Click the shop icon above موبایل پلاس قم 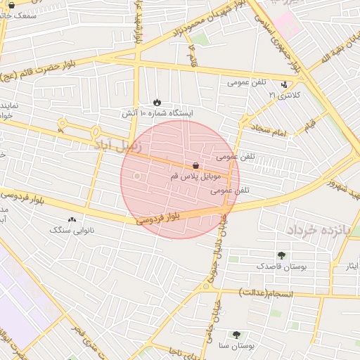(x=195, y=166)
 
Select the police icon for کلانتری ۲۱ (x=284, y=85)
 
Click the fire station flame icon (x=157, y=102)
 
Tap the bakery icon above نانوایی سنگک (x=72, y=219)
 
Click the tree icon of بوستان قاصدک (x=282, y=255)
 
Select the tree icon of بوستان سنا (x=236, y=335)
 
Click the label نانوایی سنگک (x=72, y=230)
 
